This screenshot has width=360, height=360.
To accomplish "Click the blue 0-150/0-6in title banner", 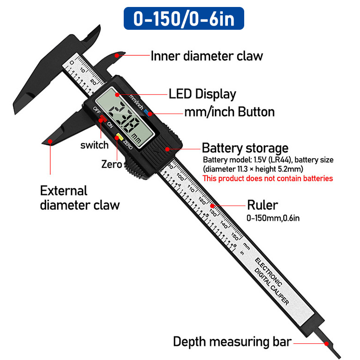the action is [x=184, y=18].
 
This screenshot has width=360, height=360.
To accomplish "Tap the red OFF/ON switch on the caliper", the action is [x=103, y=119].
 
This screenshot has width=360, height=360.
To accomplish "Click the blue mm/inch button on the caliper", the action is [x=147, y=112].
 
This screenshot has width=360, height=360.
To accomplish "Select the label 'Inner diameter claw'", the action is [x=207, y=56].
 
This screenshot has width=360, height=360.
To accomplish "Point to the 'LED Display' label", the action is [x=202, y=94].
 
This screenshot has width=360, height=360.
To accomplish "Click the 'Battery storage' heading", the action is [x=245, y=148].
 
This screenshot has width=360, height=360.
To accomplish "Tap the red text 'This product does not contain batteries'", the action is [x=268, y=179].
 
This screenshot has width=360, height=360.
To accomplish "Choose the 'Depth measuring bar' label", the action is [x=233, y=342].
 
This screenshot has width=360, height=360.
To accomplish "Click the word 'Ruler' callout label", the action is [x=262, y=205].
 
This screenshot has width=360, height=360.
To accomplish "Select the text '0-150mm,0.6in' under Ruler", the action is [x=273, y=218].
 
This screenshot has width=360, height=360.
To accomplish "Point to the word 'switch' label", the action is [x=94, y=145].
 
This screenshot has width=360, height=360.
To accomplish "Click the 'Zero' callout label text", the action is [x=112, y=164].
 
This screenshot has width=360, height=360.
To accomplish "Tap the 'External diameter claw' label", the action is [x=80, y=198].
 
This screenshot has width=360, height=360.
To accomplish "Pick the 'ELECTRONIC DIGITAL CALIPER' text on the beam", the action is [x=272, y=281].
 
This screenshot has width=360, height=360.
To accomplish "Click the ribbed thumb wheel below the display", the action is [x=132, y=167].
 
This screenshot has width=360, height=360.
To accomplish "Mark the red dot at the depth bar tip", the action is [x=327, y=344].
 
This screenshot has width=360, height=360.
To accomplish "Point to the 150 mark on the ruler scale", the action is [x=235, y=236].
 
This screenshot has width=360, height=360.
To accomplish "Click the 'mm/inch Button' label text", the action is [x=230, y=112].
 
